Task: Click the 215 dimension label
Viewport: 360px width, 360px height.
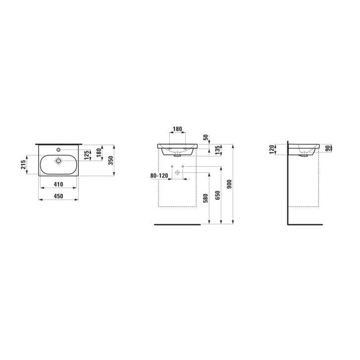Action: tap(24, 164)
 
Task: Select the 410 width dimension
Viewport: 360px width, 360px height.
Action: tap(58, 184)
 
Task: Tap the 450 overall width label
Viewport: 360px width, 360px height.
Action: tap(58, 196)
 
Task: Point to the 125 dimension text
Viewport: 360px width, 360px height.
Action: tap(87, 155)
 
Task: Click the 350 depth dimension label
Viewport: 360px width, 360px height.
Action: tap(111, 160)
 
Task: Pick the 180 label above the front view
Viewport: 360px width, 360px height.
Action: tap(177, 129)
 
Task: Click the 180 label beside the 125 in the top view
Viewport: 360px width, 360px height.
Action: tap(99, 153)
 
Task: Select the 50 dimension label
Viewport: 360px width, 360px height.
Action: tap(206, 137)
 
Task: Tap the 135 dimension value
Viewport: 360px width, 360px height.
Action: tap(217, 150)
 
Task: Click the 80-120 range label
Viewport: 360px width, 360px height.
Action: tap(159, 176)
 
